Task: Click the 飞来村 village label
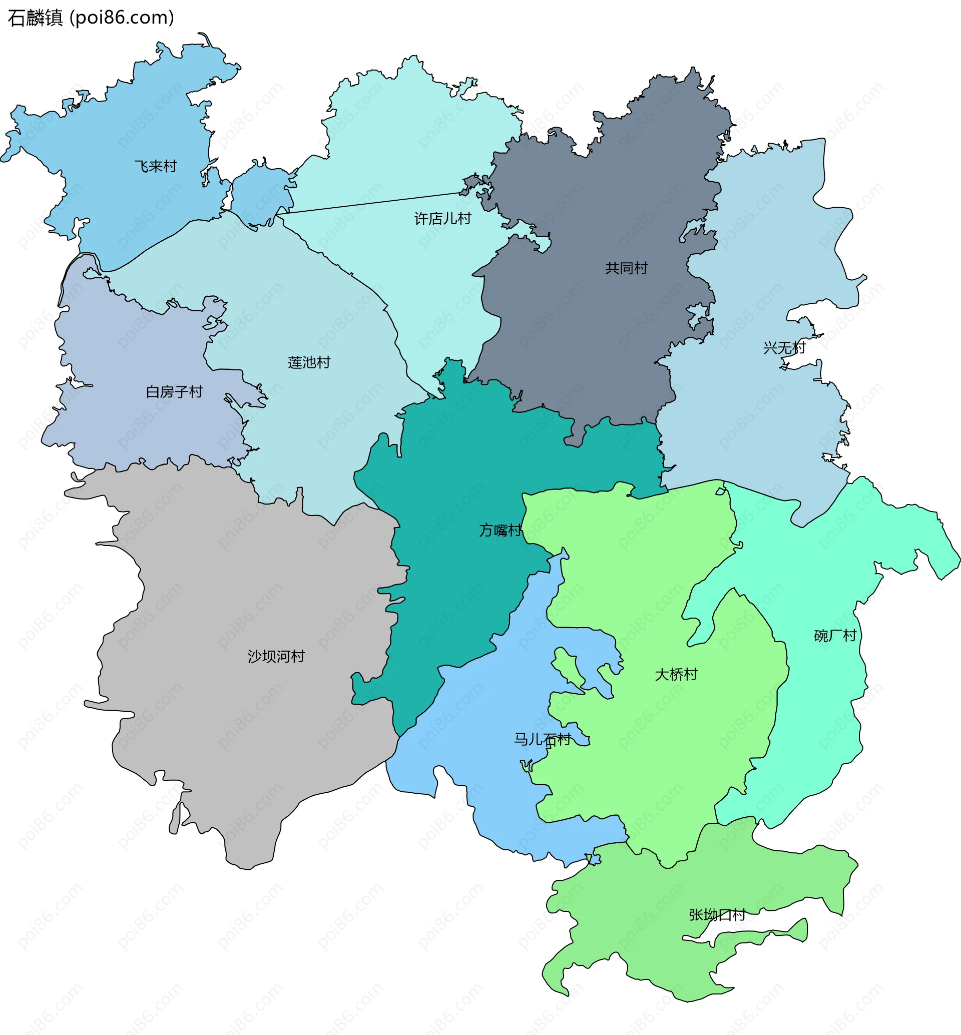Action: point(156,167)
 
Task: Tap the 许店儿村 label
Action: point(442,218)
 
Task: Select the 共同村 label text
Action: point(626,268)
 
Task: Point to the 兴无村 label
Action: point(784,347)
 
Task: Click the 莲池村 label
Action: point(309,362)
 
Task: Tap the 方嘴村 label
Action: point(500,530)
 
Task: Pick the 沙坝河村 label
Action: point(276,656)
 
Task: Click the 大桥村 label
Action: point(676,675)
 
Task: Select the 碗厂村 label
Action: point(835,636)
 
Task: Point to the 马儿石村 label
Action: point(542,739)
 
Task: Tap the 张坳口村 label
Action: point(717,914)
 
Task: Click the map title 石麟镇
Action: point(36,18)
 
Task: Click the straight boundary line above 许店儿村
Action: point(369,203)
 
